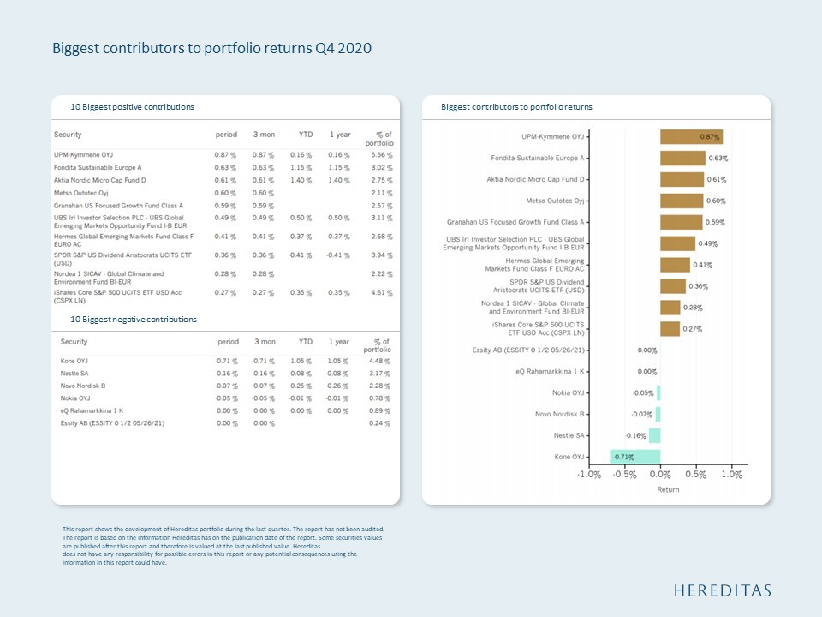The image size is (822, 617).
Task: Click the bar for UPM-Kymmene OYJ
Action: (x=691, y=137)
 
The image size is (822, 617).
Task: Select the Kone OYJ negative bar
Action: (x=635, y=457)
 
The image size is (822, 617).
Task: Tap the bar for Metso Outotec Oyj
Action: (x=682, y=201)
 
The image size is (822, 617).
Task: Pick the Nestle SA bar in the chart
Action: (x=655, y=435)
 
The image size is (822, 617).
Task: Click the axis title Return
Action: (x=667, y=489)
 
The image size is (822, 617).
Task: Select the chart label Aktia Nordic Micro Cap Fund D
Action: (x=535, y=179)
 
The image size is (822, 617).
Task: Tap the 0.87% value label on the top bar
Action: (x=709, y=137)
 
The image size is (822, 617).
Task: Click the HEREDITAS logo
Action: (x=722, y=590)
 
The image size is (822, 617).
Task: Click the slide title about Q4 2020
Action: (x=212, y=48)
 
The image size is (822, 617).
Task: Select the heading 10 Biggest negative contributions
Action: (x=134, y=320)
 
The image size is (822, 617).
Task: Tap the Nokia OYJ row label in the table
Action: (x=74, y=398)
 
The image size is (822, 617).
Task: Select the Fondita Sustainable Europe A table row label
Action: (x=98, y=167)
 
